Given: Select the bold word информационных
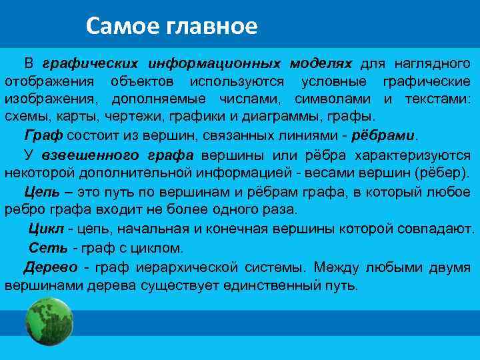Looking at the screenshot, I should coord(215,64).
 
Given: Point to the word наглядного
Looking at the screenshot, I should coord(433,64).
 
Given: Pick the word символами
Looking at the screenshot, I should coord(341,99).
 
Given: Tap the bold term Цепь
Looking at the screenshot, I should coord(41,192).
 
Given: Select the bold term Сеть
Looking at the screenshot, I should coord(47,248).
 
